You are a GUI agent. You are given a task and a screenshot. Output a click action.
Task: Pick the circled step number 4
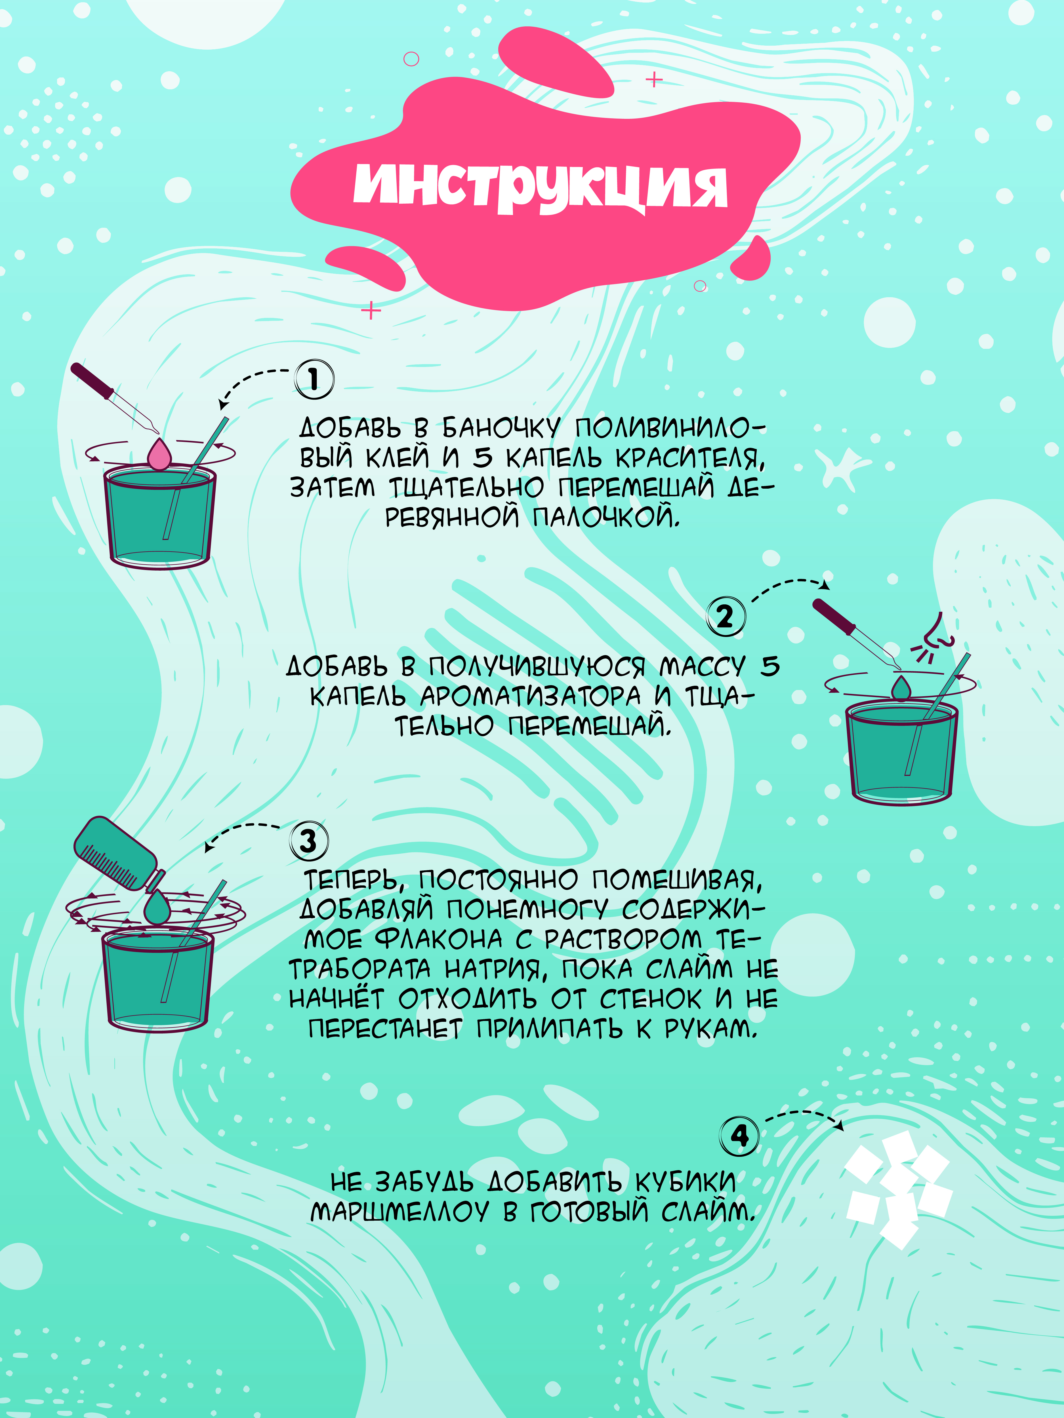pos(739,1136)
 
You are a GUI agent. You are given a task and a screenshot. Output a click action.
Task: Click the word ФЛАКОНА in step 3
pos(439,940)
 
